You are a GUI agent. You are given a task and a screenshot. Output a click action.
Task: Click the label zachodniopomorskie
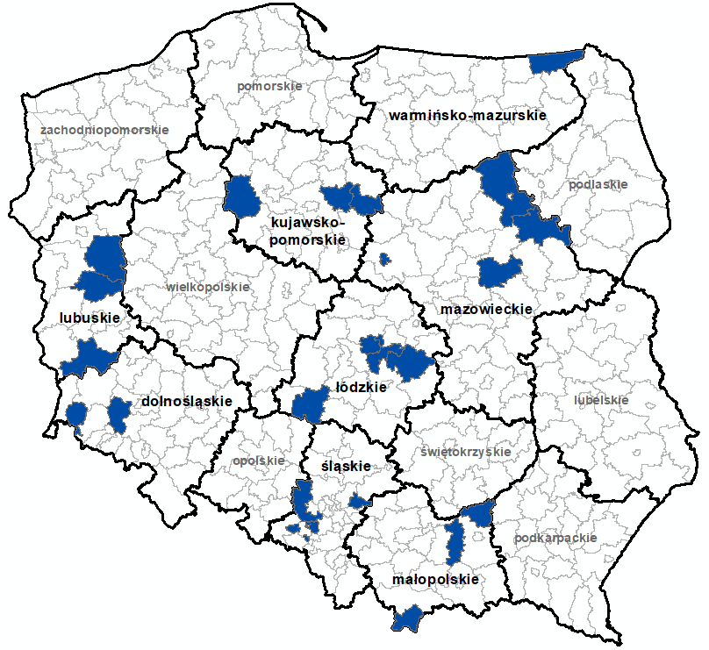pos(104,130)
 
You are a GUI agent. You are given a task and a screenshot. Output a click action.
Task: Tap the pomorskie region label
pos(269,86)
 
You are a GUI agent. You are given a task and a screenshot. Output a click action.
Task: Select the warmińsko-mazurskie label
pos(468,115)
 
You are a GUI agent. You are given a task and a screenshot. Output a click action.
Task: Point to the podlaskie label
pos(598,185)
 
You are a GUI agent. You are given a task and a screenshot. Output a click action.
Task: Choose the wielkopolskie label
pos(207,287)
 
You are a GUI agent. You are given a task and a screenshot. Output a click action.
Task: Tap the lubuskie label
pos(90,317)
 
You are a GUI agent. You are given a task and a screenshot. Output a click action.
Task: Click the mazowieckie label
pos(485,310)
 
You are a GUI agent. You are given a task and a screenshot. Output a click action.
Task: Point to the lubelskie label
pos(601,400)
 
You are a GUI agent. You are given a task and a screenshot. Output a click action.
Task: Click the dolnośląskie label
pos(186,401)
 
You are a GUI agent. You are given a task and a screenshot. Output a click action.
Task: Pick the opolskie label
pos(259,460)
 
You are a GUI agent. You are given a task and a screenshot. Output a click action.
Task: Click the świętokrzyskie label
pos(465,452)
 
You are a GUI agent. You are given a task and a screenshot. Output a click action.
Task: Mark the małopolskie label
pos(435,580)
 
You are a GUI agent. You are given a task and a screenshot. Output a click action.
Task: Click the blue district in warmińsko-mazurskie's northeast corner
pos(557,61)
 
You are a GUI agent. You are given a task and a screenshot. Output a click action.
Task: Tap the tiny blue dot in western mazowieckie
pos(384,259)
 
